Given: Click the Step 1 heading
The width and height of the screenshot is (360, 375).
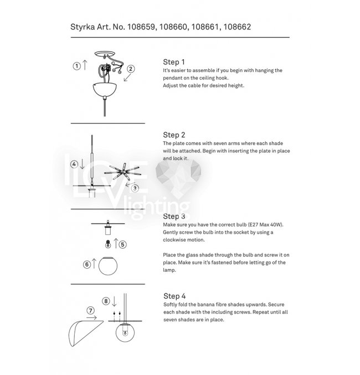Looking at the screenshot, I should click(x=174, y=62).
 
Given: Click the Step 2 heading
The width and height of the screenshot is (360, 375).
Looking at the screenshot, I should click(x=174, y=135).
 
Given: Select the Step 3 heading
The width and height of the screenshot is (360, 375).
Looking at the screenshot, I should click(x=174, y=215).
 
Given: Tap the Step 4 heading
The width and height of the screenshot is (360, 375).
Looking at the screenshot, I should click(x=174, y=296).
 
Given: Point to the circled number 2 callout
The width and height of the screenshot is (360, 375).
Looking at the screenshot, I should click(x=131, y=69).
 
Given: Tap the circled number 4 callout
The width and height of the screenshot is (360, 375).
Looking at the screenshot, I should click(x=73, y=164).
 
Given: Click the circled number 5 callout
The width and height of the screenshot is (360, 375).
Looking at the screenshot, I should click(x=122, y=244).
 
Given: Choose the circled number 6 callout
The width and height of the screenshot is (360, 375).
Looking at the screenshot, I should click(x=87, y=265).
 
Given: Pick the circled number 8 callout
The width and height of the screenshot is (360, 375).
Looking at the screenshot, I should click(x=106, y=301).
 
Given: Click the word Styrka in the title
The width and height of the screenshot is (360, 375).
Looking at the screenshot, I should click(x=83, y=26).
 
